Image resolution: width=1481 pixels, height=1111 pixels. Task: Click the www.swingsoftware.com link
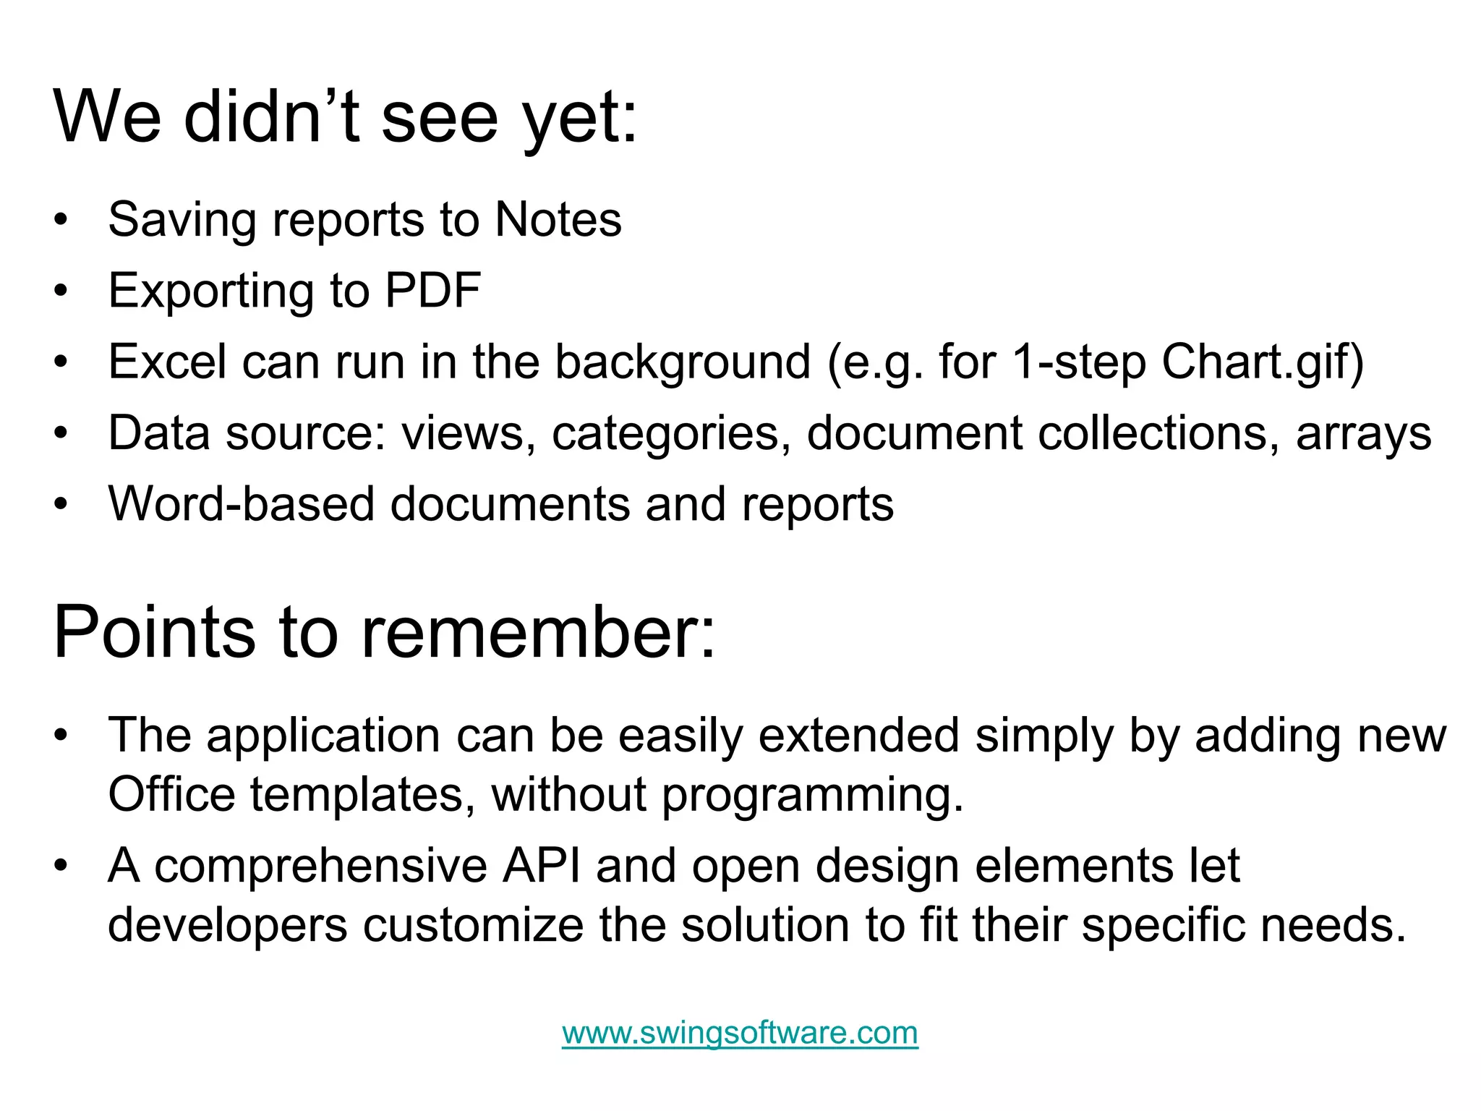point(740,1033)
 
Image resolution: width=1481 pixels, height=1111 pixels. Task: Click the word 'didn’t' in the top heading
point(271,117)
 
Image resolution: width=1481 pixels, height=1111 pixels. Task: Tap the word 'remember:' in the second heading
point(538,632)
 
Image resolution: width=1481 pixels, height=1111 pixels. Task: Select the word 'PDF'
point(432,291)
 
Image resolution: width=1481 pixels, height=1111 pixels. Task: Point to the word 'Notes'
point(558,219)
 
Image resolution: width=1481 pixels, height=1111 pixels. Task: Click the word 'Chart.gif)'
point(1263,362)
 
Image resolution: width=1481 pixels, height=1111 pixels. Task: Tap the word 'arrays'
point(1363,433)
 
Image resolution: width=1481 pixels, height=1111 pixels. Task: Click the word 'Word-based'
point(241,504)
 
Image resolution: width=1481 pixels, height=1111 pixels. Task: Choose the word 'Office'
point(171,794)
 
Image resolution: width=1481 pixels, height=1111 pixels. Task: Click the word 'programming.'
point(813,794)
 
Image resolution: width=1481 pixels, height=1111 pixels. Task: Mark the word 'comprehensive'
point(321,865)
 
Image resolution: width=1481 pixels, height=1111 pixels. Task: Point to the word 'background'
point(683,362)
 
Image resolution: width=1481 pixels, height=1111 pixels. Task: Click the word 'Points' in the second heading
point(154,632)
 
